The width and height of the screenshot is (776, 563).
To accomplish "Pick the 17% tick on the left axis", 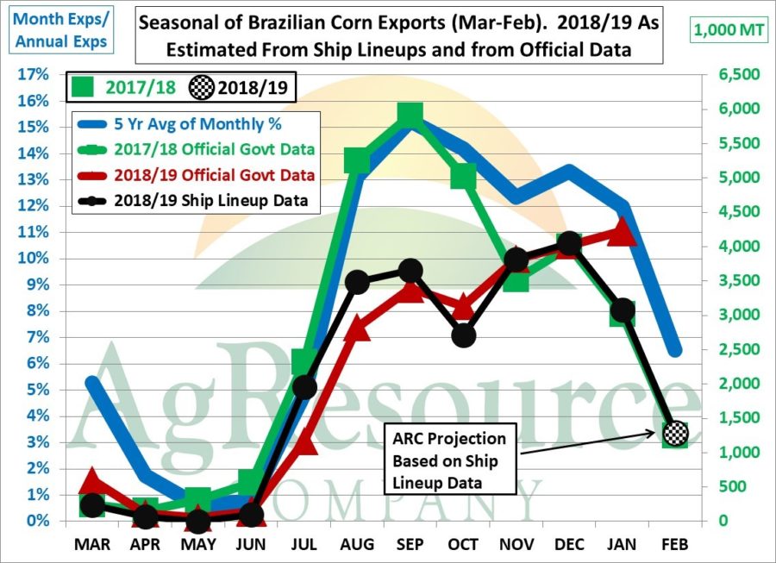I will click(x=30, y=74).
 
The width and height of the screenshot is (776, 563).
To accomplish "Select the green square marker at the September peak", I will click(x=411, y=115).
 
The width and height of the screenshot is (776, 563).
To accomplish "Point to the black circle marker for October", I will click(x=464, y=335).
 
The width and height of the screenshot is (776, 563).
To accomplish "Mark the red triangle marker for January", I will click(x=623, y=231).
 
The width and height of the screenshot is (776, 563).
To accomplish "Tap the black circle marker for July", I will click(x=304, y=387).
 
